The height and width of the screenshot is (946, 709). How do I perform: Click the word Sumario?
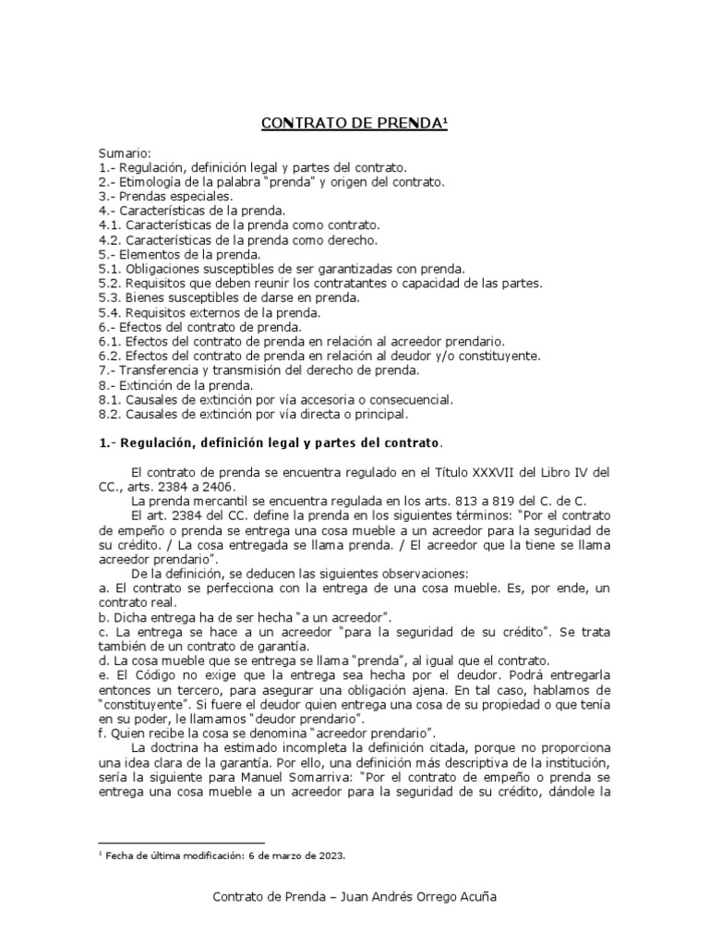pyautogui.click(x=124, y=152)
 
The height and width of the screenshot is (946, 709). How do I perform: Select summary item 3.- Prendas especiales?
pyautogui.click(x=165, y=196)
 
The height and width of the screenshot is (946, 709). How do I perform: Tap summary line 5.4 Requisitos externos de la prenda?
pyautogui.click(x=209, y=312)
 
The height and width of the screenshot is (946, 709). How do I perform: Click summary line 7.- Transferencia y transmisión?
pyautogui.click(x=258, y=370)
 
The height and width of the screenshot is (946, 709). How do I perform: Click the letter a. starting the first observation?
pyautogui.click(x=102, y=588)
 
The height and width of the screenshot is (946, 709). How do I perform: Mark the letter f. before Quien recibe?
pyautogui.click(x=102, y=734)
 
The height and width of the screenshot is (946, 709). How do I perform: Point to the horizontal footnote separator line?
pyautogui.click(x=181, y=843)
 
